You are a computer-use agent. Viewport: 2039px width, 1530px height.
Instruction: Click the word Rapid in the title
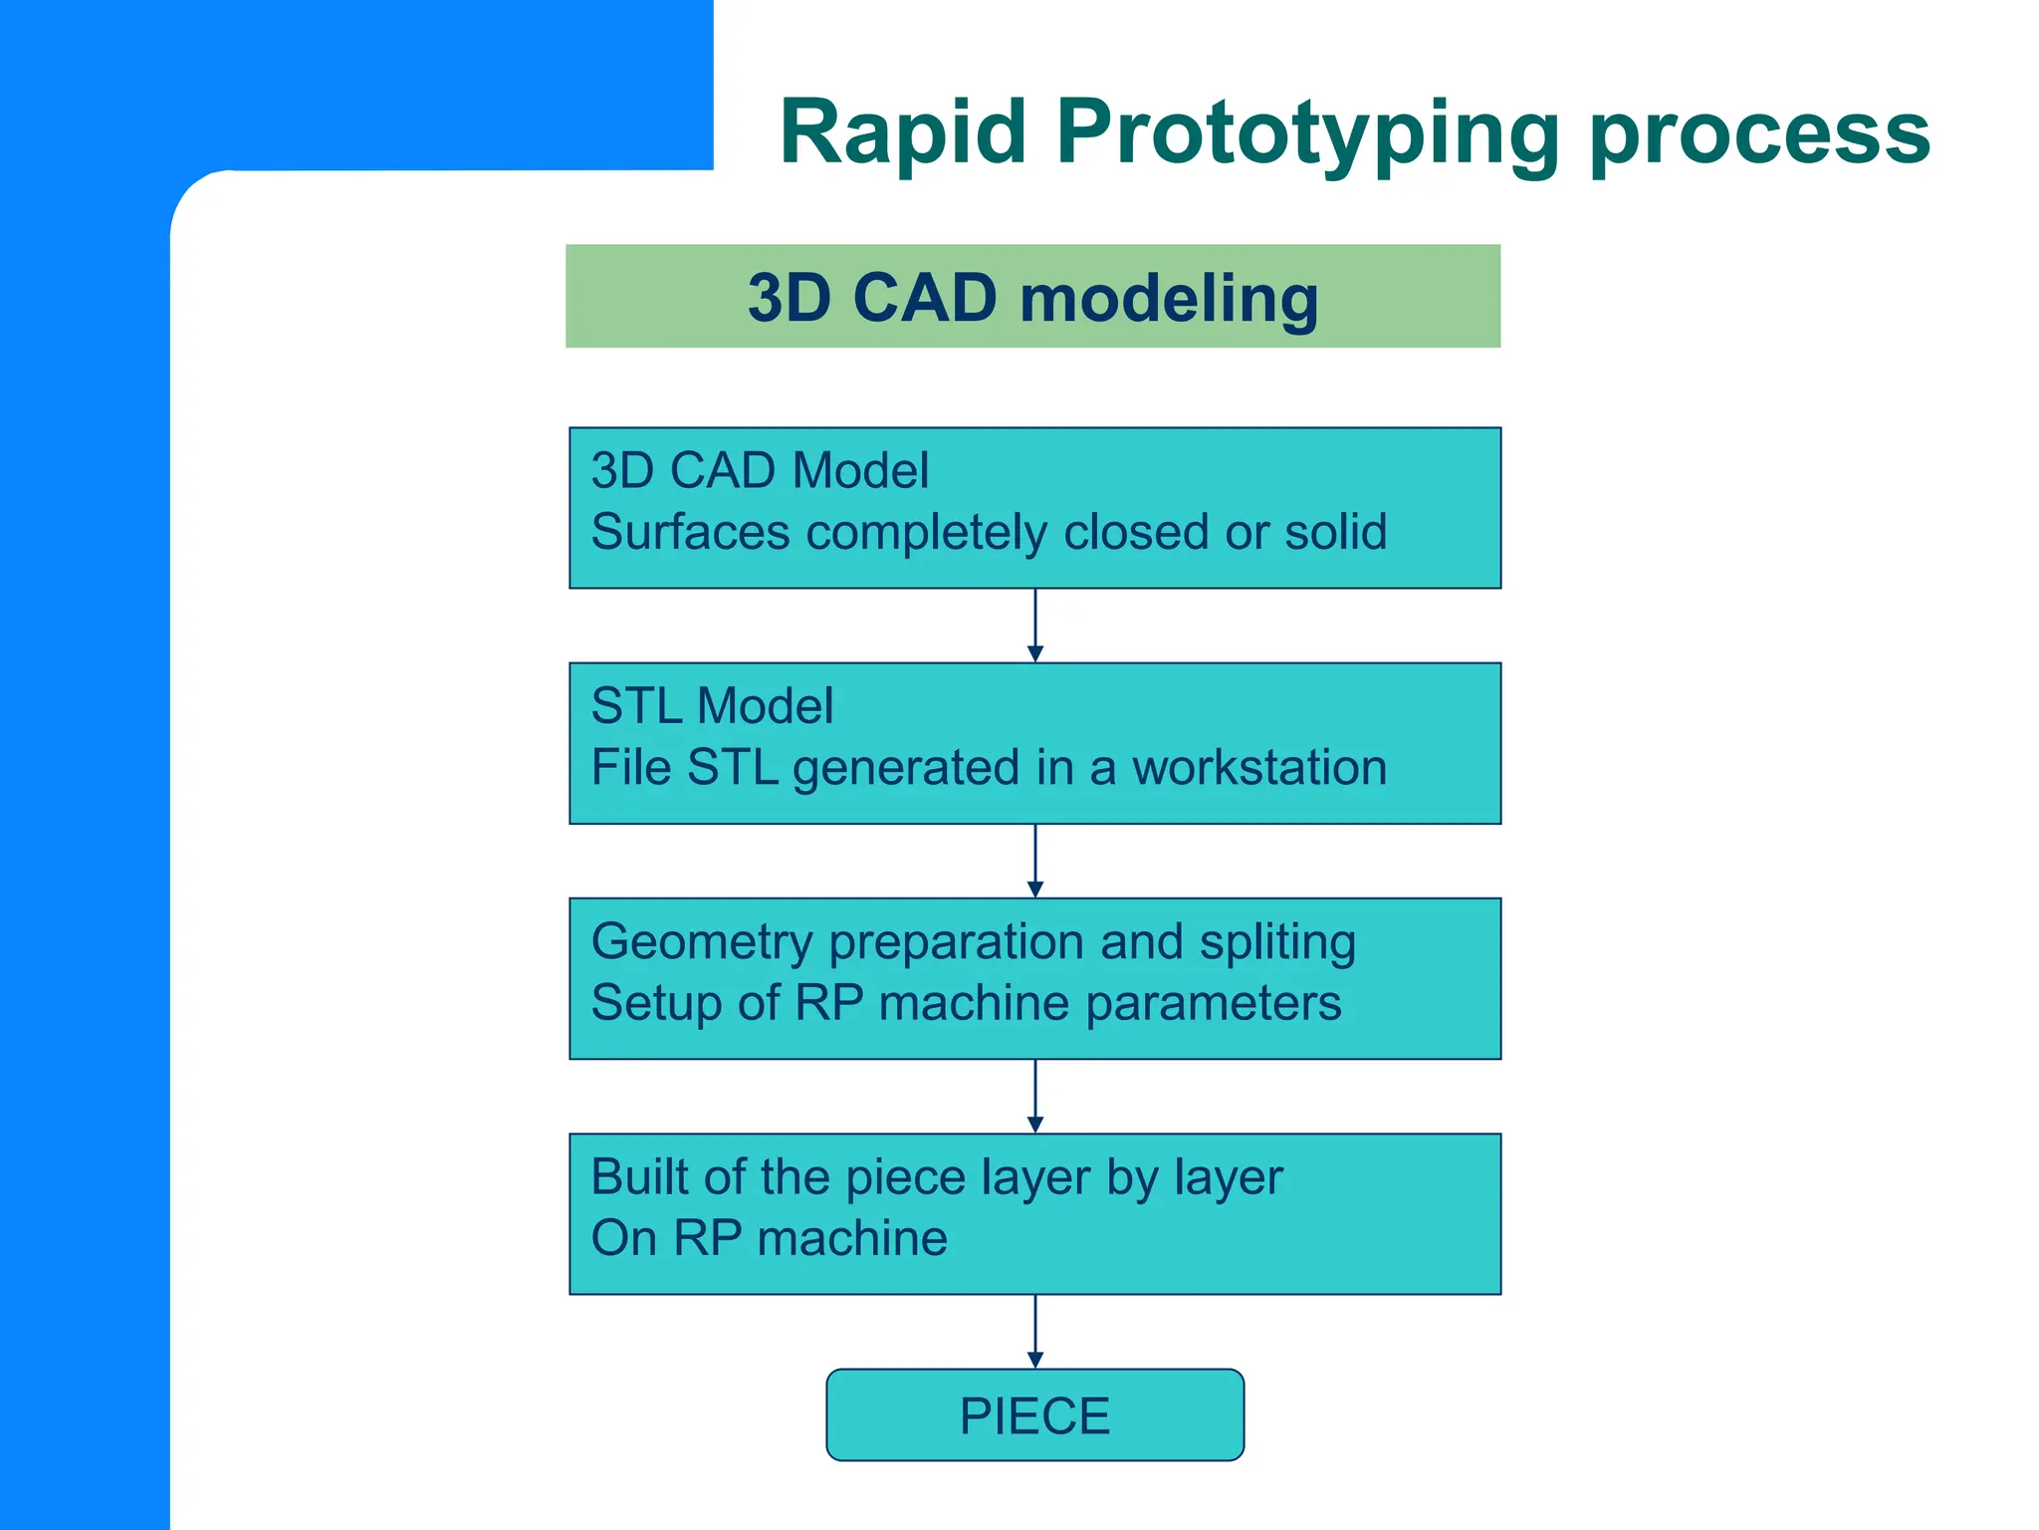[902, 131]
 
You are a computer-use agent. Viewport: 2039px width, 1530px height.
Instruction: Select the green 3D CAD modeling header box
[1032, 296]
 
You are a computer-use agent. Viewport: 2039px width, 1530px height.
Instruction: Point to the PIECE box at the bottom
[1034, 1414]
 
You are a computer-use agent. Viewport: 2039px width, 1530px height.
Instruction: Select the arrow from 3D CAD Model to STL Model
[1035, 626]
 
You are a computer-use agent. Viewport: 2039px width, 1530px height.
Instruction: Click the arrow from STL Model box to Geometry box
[1035, 861]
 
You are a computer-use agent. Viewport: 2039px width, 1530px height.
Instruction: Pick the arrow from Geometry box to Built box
[1035, 1096]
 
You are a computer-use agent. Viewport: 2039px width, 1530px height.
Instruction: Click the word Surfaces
[691, 532]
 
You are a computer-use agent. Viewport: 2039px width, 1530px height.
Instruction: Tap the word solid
[1335, 532]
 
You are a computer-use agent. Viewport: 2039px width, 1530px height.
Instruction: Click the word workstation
[1259, 768]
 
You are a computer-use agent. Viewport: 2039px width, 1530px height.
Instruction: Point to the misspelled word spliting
[1277, 942]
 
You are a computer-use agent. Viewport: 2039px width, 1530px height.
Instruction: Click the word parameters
[1213, 1004]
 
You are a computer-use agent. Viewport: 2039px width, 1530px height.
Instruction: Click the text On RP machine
[769, 1239]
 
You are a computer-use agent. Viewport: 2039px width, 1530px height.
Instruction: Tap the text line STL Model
[712, 706]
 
